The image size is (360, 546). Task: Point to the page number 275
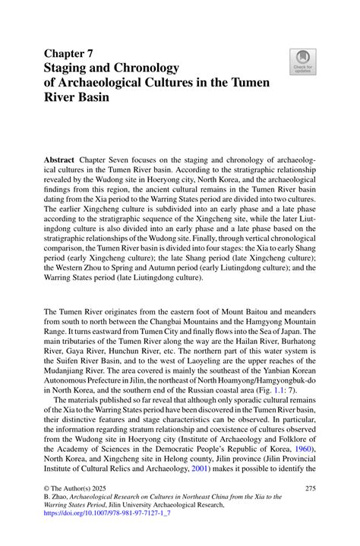click(x=309, y=489)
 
